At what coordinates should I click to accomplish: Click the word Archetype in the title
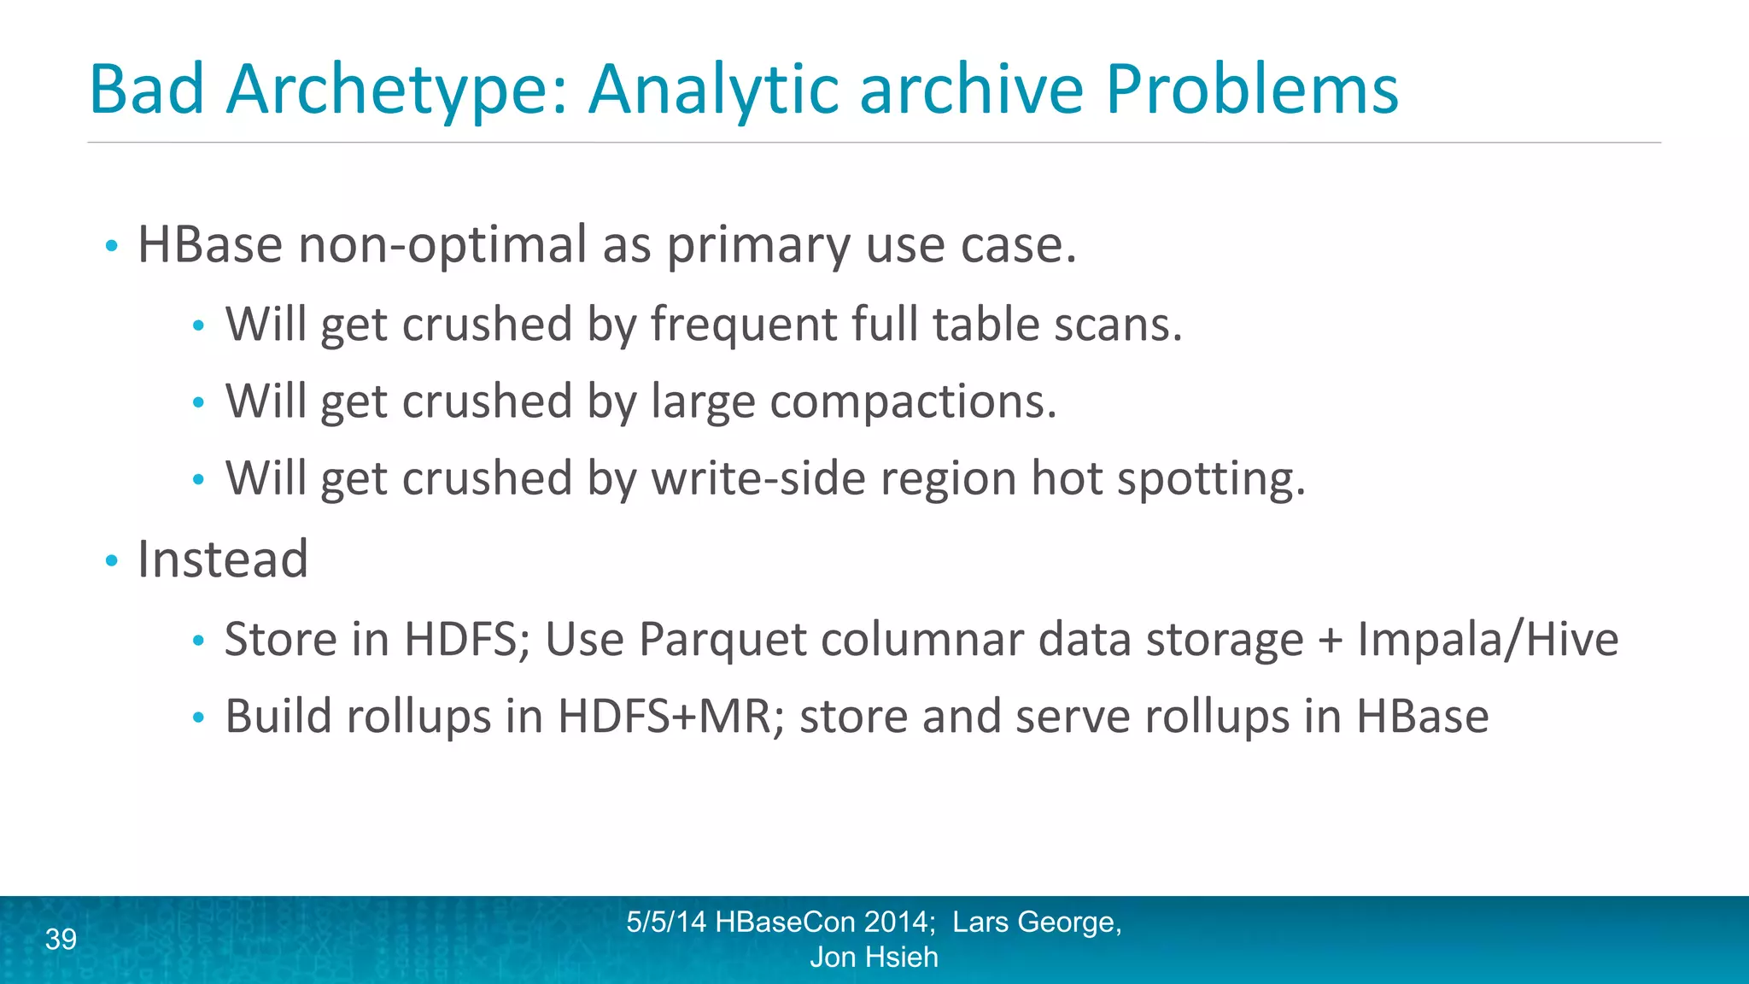pos(397,90)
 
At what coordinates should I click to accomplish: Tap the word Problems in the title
pos(1252,90)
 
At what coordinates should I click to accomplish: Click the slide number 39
pos(61,939)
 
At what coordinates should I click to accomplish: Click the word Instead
pos(223,559)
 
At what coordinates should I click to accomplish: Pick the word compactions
pos(913,401)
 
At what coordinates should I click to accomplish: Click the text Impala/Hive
pos(1488,639)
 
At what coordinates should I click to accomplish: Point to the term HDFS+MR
pos(664,716)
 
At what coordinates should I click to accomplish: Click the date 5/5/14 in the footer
pos(666,922)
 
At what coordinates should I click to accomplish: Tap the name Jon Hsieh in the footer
pos(874,958)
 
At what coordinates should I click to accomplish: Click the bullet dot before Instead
pos(111,561)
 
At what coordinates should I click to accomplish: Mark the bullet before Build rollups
pos(198,717)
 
